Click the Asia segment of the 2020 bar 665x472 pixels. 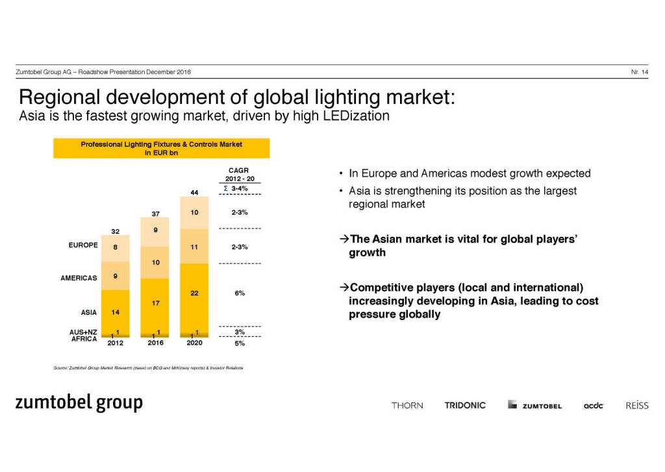pyautogui.click(x=194, y=296)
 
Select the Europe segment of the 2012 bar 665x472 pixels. pyautogui.click(x=116, y=248)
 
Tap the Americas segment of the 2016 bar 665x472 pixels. pyautogui.click(x=155, y=262)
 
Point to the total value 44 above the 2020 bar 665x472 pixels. pyautogui.click(x=194, y=192)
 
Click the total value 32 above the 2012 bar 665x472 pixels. pyautogui.click(x=116, y=230)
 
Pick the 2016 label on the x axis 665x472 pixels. pyautogui.click(x=155, y=343)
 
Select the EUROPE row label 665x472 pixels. pyautogui.click(x=82, y=245)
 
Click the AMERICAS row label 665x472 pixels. pyautogui.click(x=80, y=278)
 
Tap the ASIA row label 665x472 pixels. pyautogui.click(x=88, y=312)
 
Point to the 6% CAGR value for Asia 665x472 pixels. pyautogui.click(x=240, y=293)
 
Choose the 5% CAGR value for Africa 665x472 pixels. pyautogui.click(x=240, y=343)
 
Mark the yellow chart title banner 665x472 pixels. pyautogui.click(x=161, y=149)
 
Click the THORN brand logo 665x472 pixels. pyautogui.click(x=407, y=405)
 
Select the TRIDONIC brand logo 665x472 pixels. pyautogui.click(x=465, y=405)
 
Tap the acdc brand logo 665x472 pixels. pyautogui.click(x=594, y=405)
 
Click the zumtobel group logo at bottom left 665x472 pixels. pyautogui.click(x=79, y=403)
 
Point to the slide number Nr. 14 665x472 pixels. pyautogui.click(x=639, y=71)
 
